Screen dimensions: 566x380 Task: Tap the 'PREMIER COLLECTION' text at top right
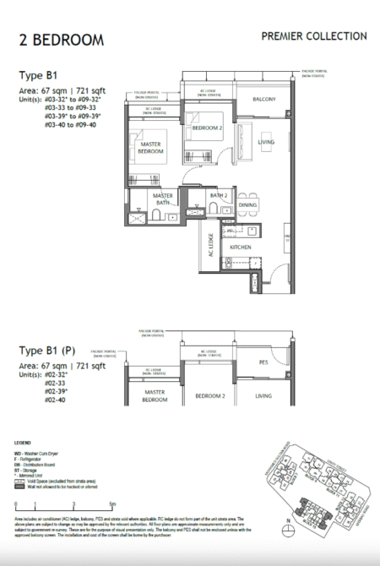point(314,36)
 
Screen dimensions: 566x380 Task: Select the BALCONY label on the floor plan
point(264,100)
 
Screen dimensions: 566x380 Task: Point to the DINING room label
point(247,205)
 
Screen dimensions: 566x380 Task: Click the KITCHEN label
point(243,247)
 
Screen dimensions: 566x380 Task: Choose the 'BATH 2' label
point(219,196)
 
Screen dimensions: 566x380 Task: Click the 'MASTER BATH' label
point(162,200)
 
